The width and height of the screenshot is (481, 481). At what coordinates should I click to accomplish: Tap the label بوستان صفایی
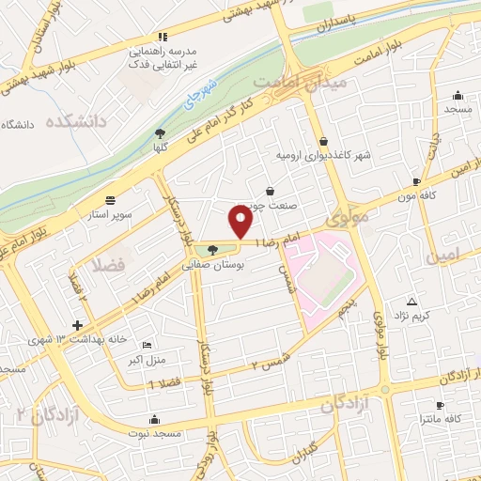(x=214, y=267)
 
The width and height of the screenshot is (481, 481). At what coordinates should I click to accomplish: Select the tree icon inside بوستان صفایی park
(x=213, y=250)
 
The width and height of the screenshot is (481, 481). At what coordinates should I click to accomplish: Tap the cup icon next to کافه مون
(x=416, y=182)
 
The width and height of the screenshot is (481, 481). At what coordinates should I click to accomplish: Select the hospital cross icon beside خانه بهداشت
(x=78, y=325)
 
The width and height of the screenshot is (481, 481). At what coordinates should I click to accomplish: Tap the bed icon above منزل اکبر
(x=144, y=345)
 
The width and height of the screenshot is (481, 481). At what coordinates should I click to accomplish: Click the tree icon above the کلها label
(x=161, y=132)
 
